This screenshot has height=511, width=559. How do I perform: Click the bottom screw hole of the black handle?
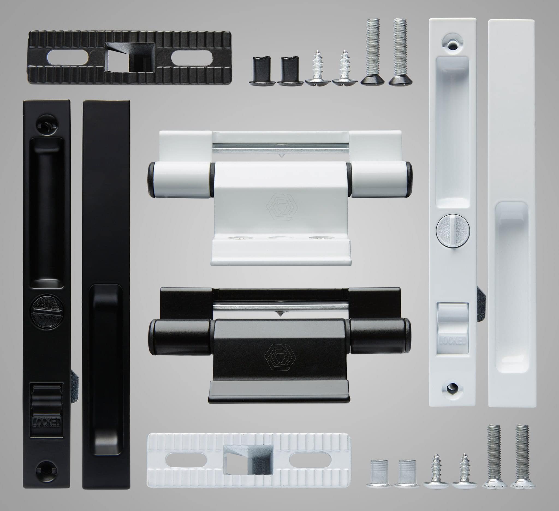[47, 470]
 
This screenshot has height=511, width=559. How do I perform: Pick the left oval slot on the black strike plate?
[68, 58]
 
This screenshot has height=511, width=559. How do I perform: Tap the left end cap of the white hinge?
[151, 180]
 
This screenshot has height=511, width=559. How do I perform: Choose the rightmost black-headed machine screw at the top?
[400, 51]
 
